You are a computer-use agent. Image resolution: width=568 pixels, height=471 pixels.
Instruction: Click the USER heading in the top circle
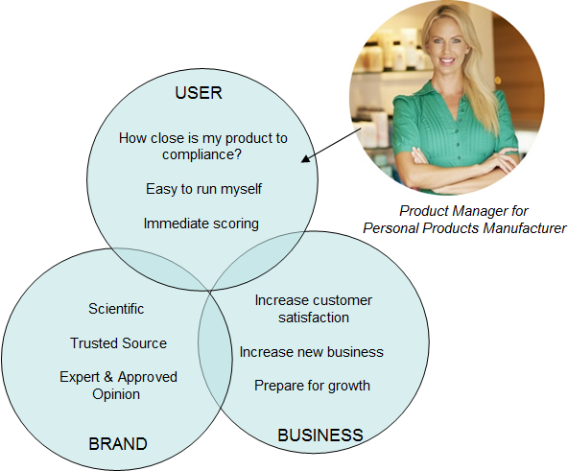(199, 93)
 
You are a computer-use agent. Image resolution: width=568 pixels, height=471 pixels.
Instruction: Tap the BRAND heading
(118, 444)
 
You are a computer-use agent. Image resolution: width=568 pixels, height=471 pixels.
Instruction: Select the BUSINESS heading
(320, 435)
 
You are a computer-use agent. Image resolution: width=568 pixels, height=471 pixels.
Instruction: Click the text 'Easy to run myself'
(203, 189)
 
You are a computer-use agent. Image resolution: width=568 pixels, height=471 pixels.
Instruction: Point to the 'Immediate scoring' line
(201, 224)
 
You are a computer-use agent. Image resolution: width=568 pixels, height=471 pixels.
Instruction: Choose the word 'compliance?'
(201, 154)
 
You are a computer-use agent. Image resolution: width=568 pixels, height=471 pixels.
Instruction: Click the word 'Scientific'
(116, 309)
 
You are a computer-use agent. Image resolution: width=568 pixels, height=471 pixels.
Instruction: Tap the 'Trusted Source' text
(118, 343)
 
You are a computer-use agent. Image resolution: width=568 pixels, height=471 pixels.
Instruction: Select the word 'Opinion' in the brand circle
(116, 394)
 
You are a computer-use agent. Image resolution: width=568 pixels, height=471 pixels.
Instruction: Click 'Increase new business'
(312, 352)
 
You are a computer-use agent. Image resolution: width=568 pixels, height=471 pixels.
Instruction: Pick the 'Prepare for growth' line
(312, 386)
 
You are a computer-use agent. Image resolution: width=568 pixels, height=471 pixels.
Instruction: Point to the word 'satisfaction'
(314, 318)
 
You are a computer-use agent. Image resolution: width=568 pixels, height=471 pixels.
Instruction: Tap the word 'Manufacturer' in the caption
(524, 228)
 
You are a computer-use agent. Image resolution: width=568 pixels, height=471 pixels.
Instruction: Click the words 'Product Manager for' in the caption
(463, 211)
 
